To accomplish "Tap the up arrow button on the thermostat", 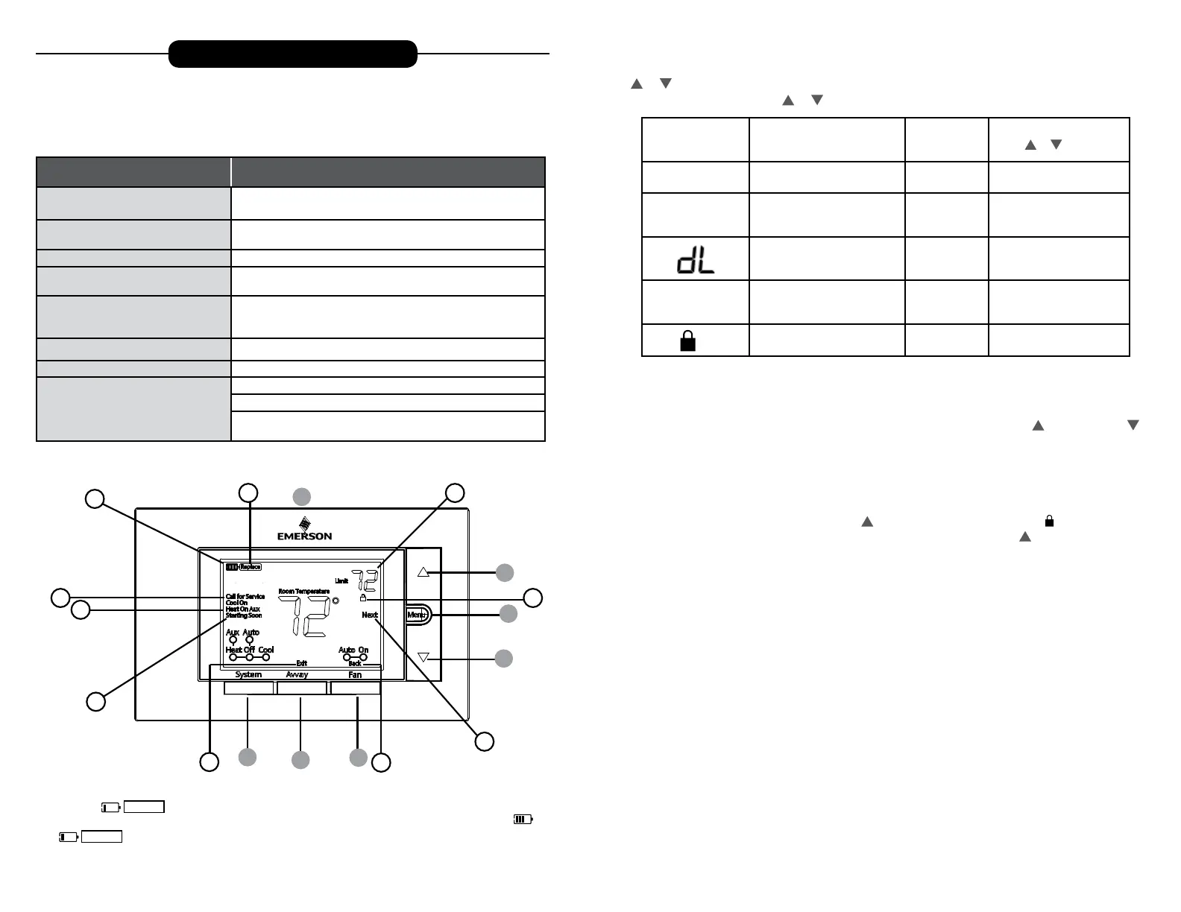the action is pos(423,572).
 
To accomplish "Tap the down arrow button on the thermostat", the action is pos(423,657).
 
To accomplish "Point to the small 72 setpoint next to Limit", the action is pos(365,580).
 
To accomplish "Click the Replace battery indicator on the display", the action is pos(251,567).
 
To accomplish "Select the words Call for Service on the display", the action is pos(245,597).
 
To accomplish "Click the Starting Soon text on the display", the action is pos(244,615).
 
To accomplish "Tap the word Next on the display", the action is pos(370,615).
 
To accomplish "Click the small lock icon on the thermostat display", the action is pos(363,598).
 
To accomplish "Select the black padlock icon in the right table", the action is pos(688,341).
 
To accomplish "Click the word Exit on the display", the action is pos(301,663).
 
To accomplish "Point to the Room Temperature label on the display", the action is pos(303,592).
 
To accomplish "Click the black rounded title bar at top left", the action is pos(292,54).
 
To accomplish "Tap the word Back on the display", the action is pos(355,663).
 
